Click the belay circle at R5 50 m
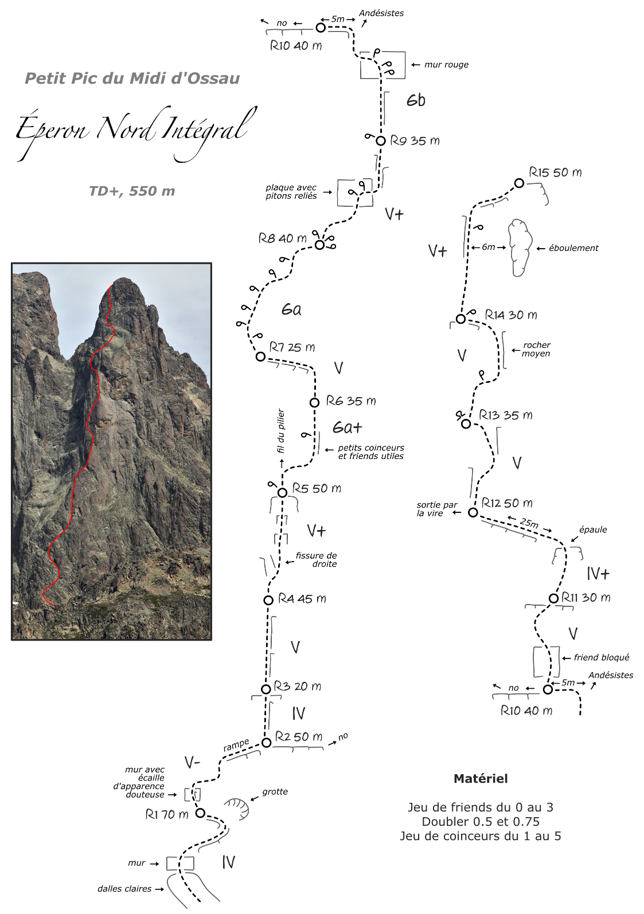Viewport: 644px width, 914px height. (x=282, y=492)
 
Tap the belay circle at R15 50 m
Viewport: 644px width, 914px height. (x=518, y=183)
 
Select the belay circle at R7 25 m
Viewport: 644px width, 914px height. (x=260, y=356)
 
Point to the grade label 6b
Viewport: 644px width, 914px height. (x=416, y=100)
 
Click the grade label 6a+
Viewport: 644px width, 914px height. (x=347, y=427)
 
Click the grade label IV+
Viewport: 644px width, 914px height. (x=598, y=574)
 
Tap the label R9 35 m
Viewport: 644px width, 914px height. (x=415, y=141)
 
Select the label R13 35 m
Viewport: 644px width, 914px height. (x=506, y=415)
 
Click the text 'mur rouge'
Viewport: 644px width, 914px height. (x=446, y=65)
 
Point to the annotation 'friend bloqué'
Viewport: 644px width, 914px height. (x=602, y=657)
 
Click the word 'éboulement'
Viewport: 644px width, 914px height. (x=573, y=248)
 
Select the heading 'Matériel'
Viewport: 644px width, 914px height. (x=481, y=779)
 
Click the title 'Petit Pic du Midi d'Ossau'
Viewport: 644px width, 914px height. (x=132, y=78)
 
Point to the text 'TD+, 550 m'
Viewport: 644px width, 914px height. (x=132, y=191)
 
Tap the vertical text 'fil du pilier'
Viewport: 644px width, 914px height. (x=280, y=431)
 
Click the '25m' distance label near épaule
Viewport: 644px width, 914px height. (x=529, y=523)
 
